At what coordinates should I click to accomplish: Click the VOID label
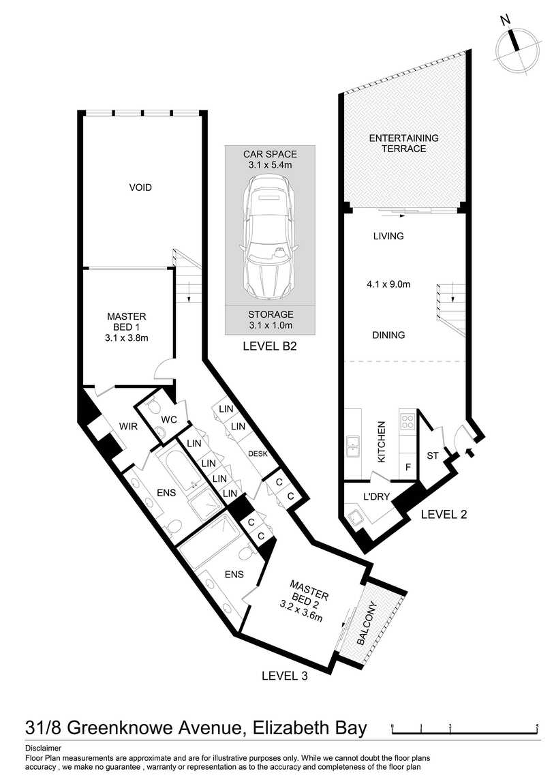coord(140,187)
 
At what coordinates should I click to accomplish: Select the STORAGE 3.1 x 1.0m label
coord(271,320)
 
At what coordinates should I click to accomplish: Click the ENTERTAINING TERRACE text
coord(403,143)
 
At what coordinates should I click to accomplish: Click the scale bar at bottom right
coord(465,729)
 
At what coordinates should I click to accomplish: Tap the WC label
coord(170,420)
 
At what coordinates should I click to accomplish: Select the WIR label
coord(128,427)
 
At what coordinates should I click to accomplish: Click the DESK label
coord(258,454)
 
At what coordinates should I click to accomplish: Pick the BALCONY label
coord(368,623)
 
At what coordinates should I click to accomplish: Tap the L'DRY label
coord(376,496)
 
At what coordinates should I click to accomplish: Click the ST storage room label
coord(433,455)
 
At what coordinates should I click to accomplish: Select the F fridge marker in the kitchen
coord(408,468)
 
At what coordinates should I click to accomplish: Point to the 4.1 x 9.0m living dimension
coord(388,284)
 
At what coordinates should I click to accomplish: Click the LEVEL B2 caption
coord(270,346)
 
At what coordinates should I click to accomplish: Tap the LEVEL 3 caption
coord(285,676)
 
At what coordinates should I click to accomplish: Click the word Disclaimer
coord(43,749)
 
